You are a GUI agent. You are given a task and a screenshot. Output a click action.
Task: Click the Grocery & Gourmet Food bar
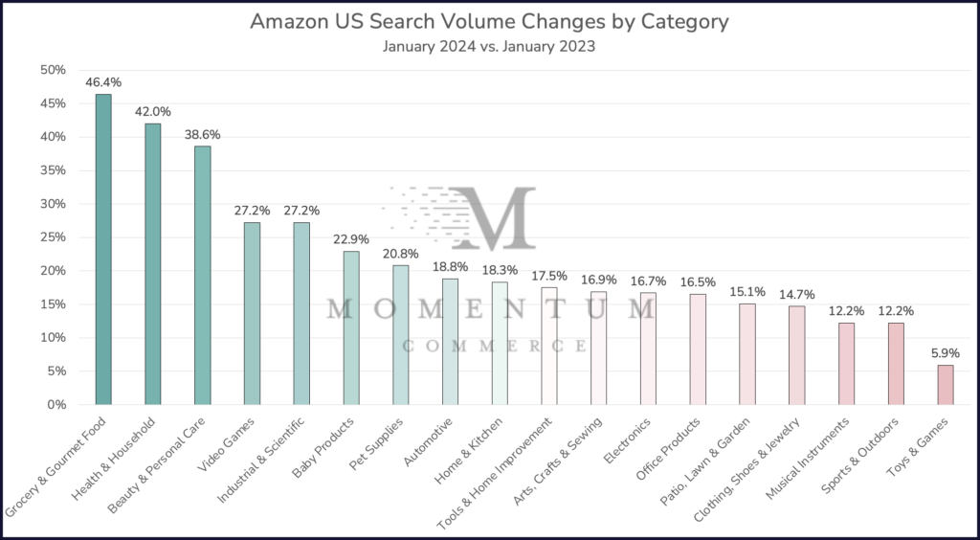[x=103, y=249]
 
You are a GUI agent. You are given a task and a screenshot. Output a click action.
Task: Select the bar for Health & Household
[x=153, y=264]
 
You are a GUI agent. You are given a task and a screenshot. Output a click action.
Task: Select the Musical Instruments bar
[x=846, y=363]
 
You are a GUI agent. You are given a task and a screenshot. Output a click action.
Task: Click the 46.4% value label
[x=103, y=83]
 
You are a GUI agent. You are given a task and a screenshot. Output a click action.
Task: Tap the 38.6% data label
[x=203, y=135]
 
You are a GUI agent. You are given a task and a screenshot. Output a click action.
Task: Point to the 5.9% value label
[x=946, y=353]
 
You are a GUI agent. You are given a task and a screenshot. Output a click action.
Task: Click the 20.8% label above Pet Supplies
[x=401, y=254]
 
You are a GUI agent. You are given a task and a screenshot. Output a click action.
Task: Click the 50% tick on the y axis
[x=53, y=70]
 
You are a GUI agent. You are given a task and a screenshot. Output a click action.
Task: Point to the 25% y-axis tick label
[x=53, y=237]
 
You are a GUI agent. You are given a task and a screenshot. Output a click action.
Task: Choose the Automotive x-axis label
[x=429, y=440]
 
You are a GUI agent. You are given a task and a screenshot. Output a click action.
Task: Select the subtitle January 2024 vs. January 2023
[x=489, y=46]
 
